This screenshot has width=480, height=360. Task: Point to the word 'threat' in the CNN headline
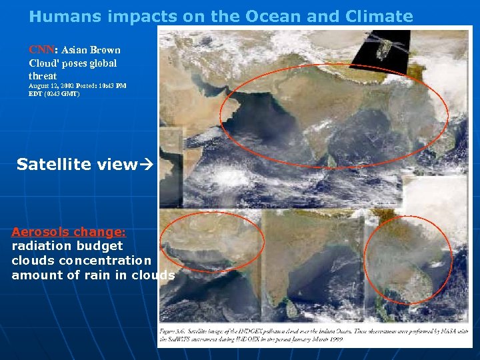pos(43,76)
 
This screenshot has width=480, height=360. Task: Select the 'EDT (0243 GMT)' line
pos(54,94)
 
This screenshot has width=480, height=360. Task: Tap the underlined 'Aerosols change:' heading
pos(69,233)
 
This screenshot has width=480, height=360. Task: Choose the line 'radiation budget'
pos(67,246)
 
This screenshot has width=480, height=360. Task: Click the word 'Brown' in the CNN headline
pos(106,50)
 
